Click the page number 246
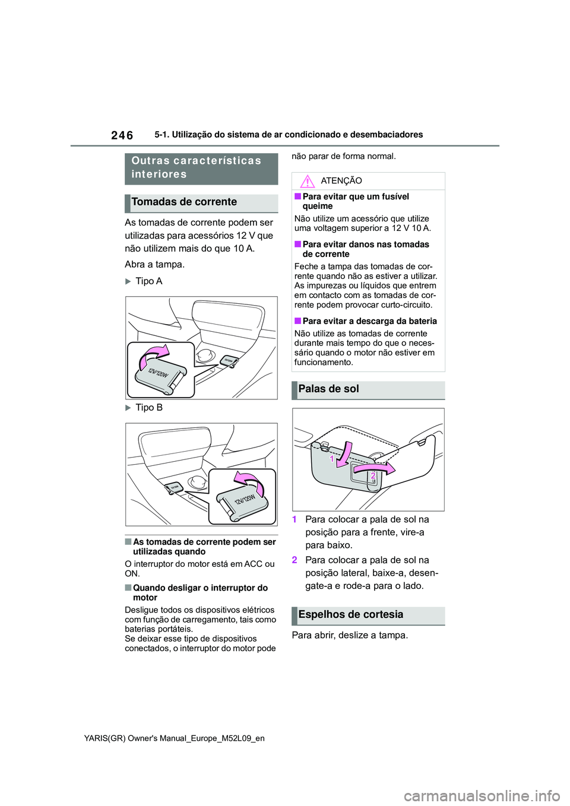(x=122, y=135)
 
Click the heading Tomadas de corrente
(x=184, y=202)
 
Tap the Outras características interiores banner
(x=197, y=167)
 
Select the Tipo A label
(x=148, y=281)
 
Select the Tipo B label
(x=148, y=408)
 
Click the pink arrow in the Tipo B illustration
(x=249, y=479)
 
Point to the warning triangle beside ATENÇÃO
(x=307, y=181)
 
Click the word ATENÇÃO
(x=341, y=181)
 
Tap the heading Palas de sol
(x=328, y=389)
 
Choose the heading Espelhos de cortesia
(x=350, y=615)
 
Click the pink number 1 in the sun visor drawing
(x=332, y=459)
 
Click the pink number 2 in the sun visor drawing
(x=373, y=475)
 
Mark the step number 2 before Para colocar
(x=294, y=560)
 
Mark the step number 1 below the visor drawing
(x=294, y=520)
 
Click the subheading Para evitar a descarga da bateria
(x=369, y=321)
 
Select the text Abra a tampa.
(x=154, y=265)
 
